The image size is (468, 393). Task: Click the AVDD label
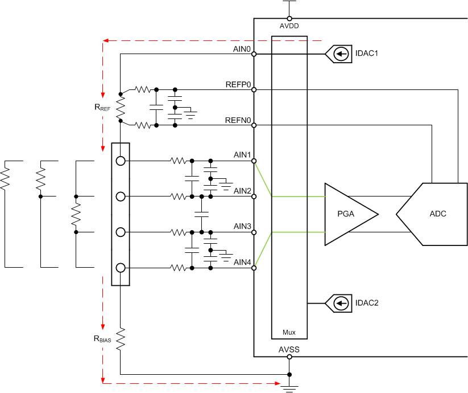point(289,26)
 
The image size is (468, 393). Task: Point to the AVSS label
point(289,349)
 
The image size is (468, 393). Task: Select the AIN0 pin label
point(242,50)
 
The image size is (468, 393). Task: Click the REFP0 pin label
point(238,84)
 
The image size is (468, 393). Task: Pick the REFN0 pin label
point(238,120)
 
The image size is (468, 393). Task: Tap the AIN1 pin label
point(242,155)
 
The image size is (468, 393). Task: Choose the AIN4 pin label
point(242,262)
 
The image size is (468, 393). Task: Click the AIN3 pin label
point(242,227)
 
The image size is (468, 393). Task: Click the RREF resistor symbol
point(120,107)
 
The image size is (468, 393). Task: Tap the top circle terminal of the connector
point(120,161)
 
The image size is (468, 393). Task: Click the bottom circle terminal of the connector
point(120,268)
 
